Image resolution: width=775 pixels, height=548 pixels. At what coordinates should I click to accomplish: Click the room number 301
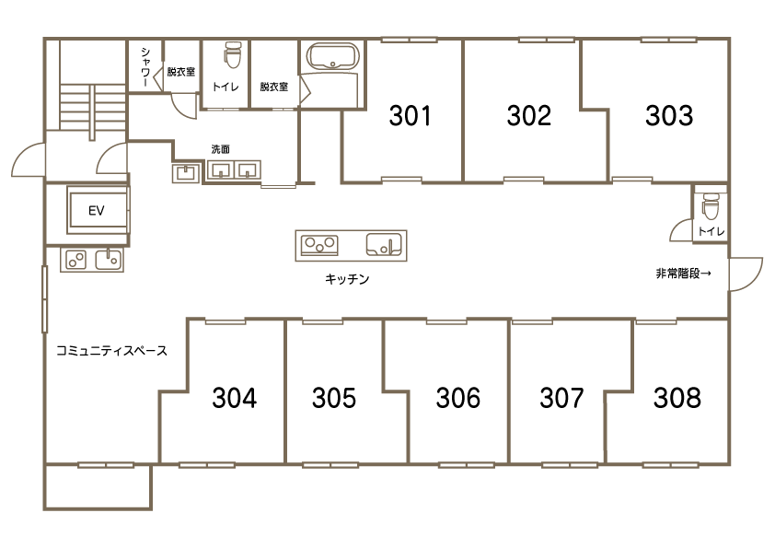point(411,116)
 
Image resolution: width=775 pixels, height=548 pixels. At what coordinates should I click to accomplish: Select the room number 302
point(529,116)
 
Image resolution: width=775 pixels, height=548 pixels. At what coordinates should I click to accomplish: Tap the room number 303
point(669,116)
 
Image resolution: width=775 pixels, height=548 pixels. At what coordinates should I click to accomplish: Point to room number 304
point(235,398)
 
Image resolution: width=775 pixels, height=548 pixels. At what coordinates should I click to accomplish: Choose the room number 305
point(334,398)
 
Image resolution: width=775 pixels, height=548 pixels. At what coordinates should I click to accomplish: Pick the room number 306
point(458,398)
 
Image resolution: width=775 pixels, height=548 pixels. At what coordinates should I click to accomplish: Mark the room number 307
point(562,398)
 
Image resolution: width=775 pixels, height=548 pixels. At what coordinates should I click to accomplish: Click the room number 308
point(677,398)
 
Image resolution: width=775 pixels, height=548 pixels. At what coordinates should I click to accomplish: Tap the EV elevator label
point(97,211)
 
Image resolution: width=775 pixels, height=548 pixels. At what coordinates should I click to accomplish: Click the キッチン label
point(347,279)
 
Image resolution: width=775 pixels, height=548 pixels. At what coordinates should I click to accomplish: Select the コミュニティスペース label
point(111,351)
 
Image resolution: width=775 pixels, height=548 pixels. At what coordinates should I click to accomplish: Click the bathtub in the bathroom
point(333,57)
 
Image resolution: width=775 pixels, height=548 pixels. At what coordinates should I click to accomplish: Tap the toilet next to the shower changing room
point(231,54)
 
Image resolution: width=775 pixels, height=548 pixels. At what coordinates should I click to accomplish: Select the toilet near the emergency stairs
point(710,206)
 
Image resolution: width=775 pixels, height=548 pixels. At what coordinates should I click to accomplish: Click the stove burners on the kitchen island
point(319,245)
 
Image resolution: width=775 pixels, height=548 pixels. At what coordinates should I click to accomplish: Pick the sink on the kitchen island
point(384,244)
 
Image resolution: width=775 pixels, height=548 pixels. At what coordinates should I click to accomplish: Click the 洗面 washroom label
point(220,149)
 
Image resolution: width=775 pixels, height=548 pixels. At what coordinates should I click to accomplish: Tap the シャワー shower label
point(145,67)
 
